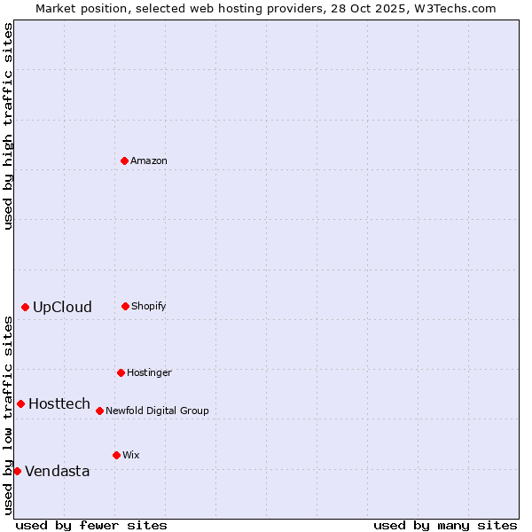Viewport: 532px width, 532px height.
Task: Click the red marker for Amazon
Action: coord(124,160)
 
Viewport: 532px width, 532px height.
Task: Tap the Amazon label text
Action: coord(149,160)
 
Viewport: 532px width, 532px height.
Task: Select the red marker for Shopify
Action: coord(125,306)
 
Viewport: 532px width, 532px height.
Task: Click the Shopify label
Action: coord(149,306)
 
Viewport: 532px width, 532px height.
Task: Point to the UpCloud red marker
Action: coord(25,307)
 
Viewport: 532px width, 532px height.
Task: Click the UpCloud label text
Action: coord(62,307)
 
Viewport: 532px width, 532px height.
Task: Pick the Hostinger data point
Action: coord(121,372)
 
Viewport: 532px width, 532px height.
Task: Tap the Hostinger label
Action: coord(149,372)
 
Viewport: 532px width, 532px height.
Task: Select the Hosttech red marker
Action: coord(20,403)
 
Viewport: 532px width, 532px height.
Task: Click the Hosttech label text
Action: coord(59,403)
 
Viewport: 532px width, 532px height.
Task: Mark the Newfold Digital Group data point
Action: coord(99,411)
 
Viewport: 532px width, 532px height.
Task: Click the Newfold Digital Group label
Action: coord(157,411)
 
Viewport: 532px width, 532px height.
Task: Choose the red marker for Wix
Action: coord(116,455)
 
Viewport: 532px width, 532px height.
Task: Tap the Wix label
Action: coord(131,455)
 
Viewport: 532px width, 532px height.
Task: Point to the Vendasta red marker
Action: coord(17,471)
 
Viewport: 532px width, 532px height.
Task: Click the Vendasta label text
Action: coord(58,471)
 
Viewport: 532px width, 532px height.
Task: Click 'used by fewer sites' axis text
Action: coord(91,525)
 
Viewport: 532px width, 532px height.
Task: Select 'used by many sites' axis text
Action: coord(445,525)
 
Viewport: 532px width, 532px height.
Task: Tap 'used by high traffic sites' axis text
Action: coord(8,126)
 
